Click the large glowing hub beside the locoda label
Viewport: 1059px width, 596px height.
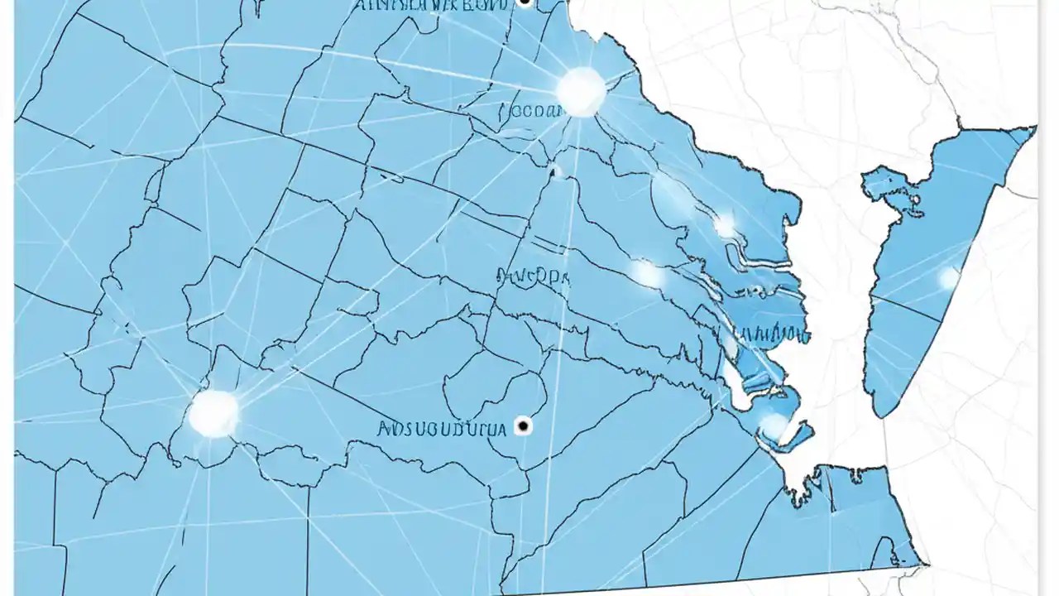581,90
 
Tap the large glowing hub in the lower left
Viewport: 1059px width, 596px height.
213,412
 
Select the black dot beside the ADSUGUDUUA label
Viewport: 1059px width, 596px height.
522,426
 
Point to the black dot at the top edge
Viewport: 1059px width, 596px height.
524,2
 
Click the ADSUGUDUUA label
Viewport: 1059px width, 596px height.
440,428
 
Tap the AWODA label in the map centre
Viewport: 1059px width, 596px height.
533,276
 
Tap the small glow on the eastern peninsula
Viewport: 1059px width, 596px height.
948,278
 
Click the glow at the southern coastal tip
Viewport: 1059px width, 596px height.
774,425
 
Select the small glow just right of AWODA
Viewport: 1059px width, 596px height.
646,273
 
